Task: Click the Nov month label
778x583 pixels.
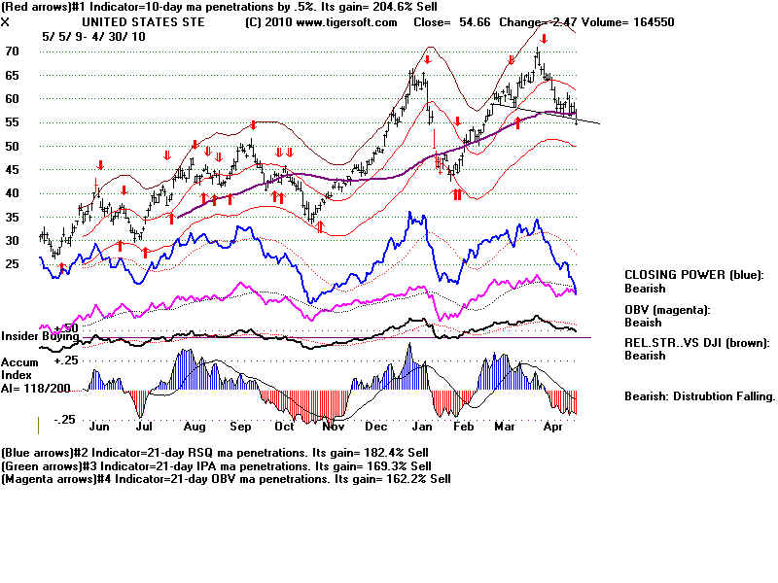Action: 333,427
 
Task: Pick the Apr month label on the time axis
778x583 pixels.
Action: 553,427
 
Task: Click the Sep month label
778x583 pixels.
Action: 240,427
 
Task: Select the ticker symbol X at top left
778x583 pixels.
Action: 6,21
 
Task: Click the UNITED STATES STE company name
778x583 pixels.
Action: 129,21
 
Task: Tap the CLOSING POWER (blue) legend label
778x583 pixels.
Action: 693,275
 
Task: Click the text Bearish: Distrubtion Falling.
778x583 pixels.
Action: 698,396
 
